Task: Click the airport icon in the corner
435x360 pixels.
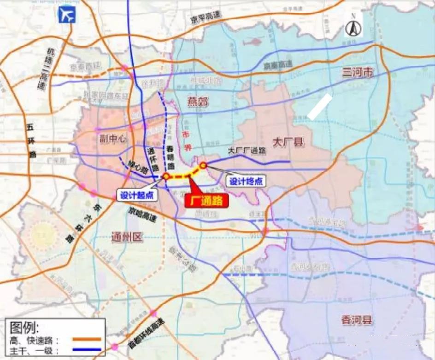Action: [x=66, y=15]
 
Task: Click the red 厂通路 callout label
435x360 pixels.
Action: [x=206, y=200]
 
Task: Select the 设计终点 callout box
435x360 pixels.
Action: [x=246, y=181]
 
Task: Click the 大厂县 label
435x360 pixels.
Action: [x=288, y=142]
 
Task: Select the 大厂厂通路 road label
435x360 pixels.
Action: [x=247, y=150]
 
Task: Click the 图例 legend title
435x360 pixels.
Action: [x=25, y=327]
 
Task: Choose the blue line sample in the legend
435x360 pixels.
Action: [x=87, y=350]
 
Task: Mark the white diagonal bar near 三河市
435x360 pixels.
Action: [x=320, y=107]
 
